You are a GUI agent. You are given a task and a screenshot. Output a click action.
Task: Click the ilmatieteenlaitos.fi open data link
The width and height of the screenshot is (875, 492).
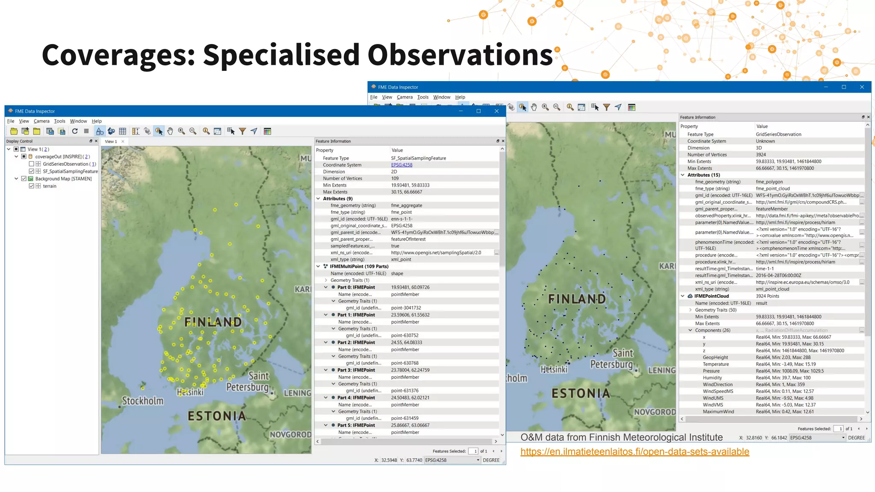[634, 452]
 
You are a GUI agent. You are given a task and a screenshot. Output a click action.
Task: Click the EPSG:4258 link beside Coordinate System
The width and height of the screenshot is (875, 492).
[402, 165]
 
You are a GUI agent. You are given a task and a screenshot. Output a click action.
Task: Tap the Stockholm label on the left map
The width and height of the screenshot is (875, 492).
[143, 401]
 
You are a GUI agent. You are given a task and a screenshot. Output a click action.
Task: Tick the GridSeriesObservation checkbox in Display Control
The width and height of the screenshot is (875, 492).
[31, 164]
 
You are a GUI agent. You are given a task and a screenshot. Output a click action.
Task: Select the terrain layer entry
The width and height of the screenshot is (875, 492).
[50, 186]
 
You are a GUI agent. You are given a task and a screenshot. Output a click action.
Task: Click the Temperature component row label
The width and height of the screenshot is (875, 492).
[716, 364]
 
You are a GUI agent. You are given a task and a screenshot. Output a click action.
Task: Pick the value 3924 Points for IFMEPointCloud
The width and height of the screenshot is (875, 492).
[767, 296]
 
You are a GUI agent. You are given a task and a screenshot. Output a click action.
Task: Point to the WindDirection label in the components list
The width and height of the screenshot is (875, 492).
[717, 384]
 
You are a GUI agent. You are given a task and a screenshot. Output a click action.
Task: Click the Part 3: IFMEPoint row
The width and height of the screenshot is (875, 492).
[356, 370]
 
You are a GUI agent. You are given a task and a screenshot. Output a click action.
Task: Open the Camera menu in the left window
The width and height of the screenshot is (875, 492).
[41, 121]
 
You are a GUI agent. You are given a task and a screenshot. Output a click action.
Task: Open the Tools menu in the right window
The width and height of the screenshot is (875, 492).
[423, 97]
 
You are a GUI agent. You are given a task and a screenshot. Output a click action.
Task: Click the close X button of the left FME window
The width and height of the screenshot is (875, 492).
[496, 111]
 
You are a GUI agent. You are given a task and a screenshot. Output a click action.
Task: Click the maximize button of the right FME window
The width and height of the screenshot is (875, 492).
[844, 87]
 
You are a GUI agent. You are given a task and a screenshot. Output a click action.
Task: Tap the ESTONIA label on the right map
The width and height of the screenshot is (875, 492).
[580, 393]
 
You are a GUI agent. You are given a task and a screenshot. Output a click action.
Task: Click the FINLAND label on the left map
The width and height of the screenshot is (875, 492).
[213, 322]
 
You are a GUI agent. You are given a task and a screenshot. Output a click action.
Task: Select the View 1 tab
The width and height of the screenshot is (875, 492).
[111, 141]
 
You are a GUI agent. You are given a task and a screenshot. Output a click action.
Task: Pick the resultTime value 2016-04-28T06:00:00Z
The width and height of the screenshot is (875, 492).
[778, 275]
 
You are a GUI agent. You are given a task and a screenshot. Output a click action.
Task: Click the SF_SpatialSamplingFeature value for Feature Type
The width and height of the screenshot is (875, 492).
[418, 158]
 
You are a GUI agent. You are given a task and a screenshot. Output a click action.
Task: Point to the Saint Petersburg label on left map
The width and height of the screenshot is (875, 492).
[248, 382]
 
